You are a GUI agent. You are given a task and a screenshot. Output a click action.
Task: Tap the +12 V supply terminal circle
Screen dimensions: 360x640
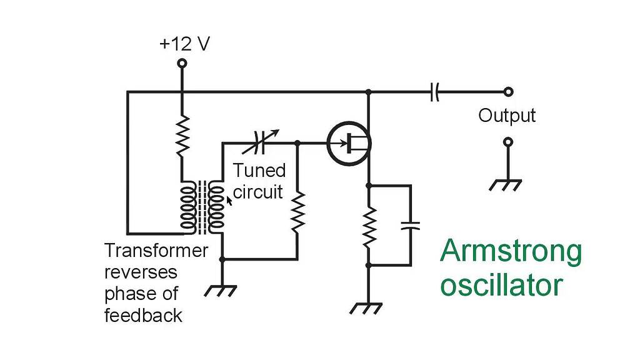182,63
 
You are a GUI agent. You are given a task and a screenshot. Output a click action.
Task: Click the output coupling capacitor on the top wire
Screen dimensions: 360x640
436,92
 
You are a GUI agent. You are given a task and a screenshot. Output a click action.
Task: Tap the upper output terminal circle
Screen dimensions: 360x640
508,92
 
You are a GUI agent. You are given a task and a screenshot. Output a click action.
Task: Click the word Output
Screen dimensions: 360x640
507,116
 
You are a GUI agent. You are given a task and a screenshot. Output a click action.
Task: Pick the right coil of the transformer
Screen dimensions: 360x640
216,206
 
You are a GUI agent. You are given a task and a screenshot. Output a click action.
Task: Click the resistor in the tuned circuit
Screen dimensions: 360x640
297,211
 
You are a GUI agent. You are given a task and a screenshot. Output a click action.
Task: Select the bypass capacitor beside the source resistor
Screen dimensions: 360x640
411,225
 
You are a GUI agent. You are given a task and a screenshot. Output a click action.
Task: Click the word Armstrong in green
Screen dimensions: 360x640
511,251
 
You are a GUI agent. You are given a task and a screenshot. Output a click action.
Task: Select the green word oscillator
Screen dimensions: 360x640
501,285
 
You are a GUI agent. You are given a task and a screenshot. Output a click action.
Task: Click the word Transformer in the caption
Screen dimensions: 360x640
156,251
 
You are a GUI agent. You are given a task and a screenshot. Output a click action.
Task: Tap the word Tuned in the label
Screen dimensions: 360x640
259,171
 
